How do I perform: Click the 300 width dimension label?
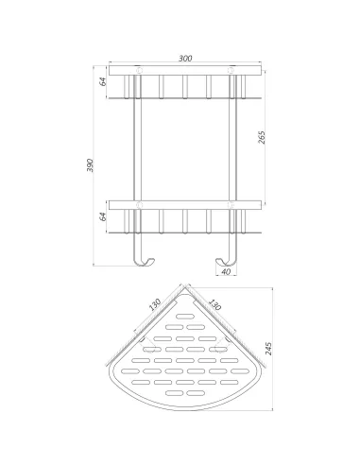pyautogui.click(x=185, y=59)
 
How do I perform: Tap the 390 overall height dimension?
pyautogui.click(x=90, y=165)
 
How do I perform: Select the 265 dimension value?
pyautogui.click(x=262, y=137)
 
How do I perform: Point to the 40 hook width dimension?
pyautogui.click(x=226, y=271)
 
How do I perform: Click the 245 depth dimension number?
pyautogui.click(x=268, y=349)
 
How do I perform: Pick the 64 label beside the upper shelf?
pyautogui.click(x=103, y=81)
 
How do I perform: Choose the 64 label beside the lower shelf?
pyautogui.click(x=103, y=216)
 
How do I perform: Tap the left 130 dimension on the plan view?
pyautogui.click(x=155, y=304)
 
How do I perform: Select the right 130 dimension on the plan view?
pyautogui.click(x=214, y=304)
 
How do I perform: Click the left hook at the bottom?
pyautogui.click(x=144, y=263)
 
